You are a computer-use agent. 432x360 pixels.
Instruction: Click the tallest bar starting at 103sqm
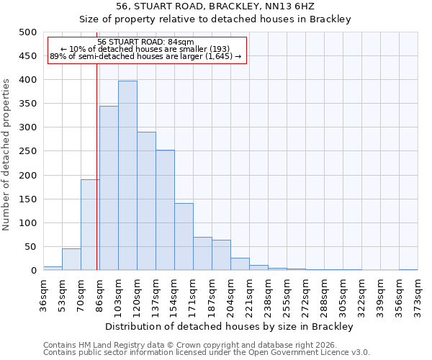coord(127,176)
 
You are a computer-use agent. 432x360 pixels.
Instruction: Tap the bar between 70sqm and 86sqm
coord(90,225)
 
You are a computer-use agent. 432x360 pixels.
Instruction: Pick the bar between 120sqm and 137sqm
coord(146,201)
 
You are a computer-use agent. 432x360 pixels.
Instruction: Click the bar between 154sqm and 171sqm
coord(184,237)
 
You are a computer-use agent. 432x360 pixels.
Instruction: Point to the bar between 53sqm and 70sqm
coord(71,259)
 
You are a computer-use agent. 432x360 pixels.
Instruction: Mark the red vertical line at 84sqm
coord(96,180)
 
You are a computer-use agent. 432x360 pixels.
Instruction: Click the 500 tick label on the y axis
coord(28,32)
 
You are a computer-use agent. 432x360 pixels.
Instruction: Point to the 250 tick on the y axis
coord(28,151)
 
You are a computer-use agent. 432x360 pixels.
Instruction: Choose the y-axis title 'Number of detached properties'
coord(6,151)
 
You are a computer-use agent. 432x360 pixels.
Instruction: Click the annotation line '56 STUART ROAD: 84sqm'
coord(145,42)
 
